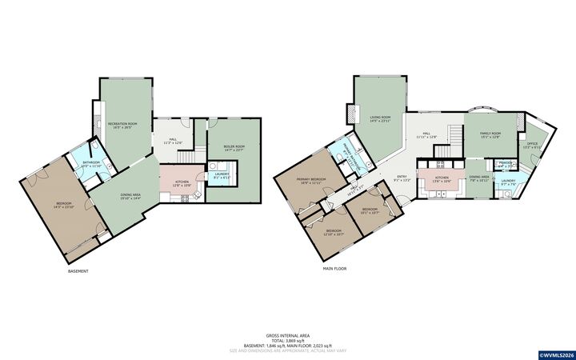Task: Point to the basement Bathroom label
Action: (90, 164)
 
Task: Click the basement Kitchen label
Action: (182, 183)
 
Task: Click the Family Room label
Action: (490, 134)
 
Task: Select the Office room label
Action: (533, 146)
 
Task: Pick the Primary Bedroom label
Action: (310, 180)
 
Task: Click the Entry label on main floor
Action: (401, 178)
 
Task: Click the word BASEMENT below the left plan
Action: (78, 271)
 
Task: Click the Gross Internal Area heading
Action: (288, 334)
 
